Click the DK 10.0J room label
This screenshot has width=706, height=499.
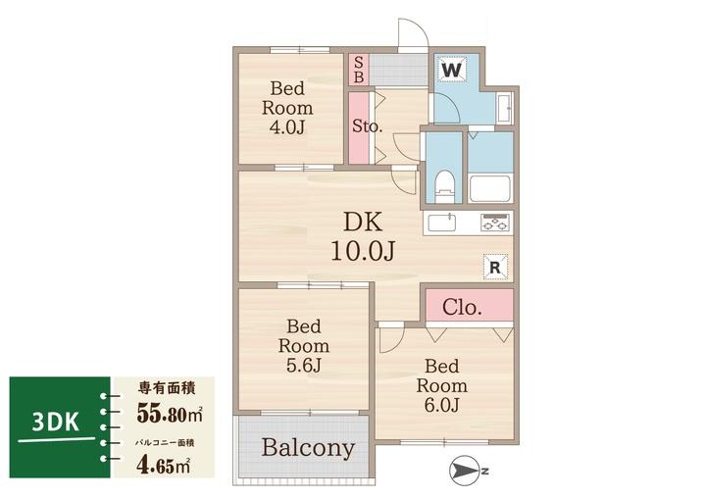point(363,236)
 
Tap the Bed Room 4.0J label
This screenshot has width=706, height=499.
point(287,108)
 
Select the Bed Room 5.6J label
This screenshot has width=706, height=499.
point(303,345)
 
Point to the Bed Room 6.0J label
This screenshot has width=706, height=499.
point(441,385)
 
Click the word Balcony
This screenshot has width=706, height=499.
point(309,448)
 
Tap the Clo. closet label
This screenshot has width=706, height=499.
point(462,307)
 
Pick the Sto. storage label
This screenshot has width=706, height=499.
point(367,125)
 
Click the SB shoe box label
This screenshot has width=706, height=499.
point(359,70)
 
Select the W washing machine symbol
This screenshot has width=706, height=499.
point(452,71)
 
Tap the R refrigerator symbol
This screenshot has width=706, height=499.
point(495,267)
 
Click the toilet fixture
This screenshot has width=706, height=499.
point(444,185)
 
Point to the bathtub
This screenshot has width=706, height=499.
point(490,189)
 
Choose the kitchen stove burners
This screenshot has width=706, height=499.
point(495,222)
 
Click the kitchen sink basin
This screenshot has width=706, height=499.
point(441,223)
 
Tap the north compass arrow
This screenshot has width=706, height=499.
point(465,472)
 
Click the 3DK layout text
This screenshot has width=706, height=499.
point(56,422)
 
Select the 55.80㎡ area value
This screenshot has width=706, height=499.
point(170,413)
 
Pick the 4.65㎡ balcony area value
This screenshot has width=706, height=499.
point(163,466)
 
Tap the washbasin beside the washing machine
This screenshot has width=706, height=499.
point(504,108)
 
